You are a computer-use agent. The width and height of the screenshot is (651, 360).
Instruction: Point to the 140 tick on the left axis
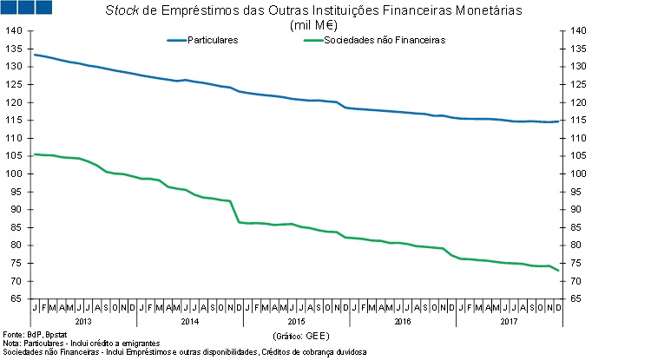point(14,30)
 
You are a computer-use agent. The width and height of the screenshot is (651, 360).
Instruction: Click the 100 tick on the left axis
point(14,173)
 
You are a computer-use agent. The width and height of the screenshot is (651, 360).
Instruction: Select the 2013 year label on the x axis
point(83,322)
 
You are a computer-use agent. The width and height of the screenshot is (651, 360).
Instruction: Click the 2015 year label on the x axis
point(296,322)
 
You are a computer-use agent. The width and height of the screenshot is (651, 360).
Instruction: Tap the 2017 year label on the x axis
point(509,322)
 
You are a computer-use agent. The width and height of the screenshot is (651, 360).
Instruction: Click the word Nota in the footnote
point(11,344)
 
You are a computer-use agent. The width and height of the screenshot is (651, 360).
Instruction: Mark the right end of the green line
point(557,271)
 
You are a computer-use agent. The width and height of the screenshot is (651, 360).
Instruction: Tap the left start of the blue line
point(34,55)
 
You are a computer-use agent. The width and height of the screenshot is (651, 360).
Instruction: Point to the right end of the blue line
point(557,121)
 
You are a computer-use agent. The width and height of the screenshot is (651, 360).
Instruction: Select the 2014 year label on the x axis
point(190,322)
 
